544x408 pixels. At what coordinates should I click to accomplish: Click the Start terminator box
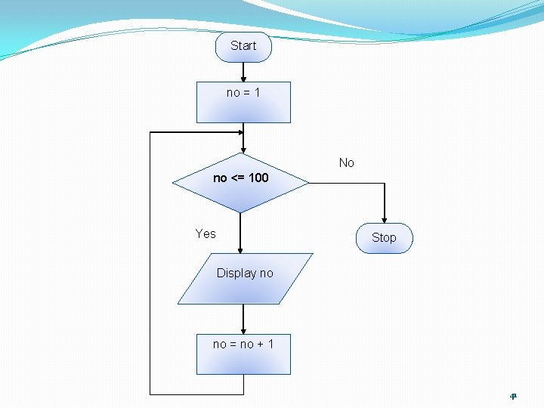243,46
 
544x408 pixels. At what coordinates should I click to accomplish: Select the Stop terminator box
384,238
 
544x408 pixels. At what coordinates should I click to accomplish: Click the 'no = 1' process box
243,102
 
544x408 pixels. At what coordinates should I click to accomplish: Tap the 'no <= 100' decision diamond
240,182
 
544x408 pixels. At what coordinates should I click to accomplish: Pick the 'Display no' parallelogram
245,278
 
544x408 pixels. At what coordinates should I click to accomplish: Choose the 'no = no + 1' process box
243,354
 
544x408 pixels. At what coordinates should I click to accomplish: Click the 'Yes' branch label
206,233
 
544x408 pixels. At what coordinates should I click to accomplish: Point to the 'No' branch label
347,162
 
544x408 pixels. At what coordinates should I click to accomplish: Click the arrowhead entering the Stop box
384,219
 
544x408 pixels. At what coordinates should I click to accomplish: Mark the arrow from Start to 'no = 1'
243,72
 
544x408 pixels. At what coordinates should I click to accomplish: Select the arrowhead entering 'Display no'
240,249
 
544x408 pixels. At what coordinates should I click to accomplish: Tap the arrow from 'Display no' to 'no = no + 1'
243,319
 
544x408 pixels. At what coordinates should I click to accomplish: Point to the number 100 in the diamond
258,178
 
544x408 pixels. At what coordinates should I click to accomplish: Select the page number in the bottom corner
513,396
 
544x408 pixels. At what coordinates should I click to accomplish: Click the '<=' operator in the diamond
237,178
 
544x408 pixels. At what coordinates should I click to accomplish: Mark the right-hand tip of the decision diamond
308,182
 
